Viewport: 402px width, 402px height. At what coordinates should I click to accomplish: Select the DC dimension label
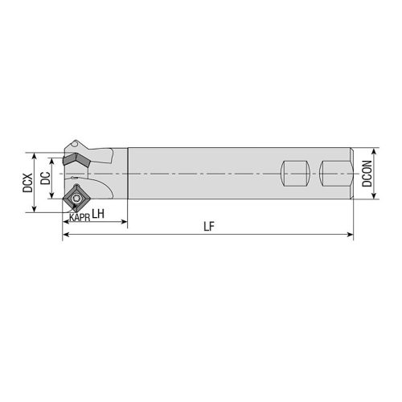(46, 178)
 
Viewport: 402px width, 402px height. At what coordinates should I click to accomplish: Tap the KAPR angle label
(79, 218)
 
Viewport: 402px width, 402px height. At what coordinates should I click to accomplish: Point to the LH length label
(97, 214)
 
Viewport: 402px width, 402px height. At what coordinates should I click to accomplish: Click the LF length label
(208, 228)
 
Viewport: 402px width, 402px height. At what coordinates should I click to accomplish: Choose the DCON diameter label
(367, 173)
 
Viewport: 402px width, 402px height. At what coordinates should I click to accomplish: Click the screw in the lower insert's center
(77, 196)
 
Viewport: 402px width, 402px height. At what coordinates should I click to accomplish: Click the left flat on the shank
(296, 173)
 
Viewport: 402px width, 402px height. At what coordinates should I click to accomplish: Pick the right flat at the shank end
(335, 173)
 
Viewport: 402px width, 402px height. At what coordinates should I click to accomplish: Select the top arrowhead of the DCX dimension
(35, 153)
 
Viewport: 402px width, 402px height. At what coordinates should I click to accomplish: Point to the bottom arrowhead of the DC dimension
(55, 194)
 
